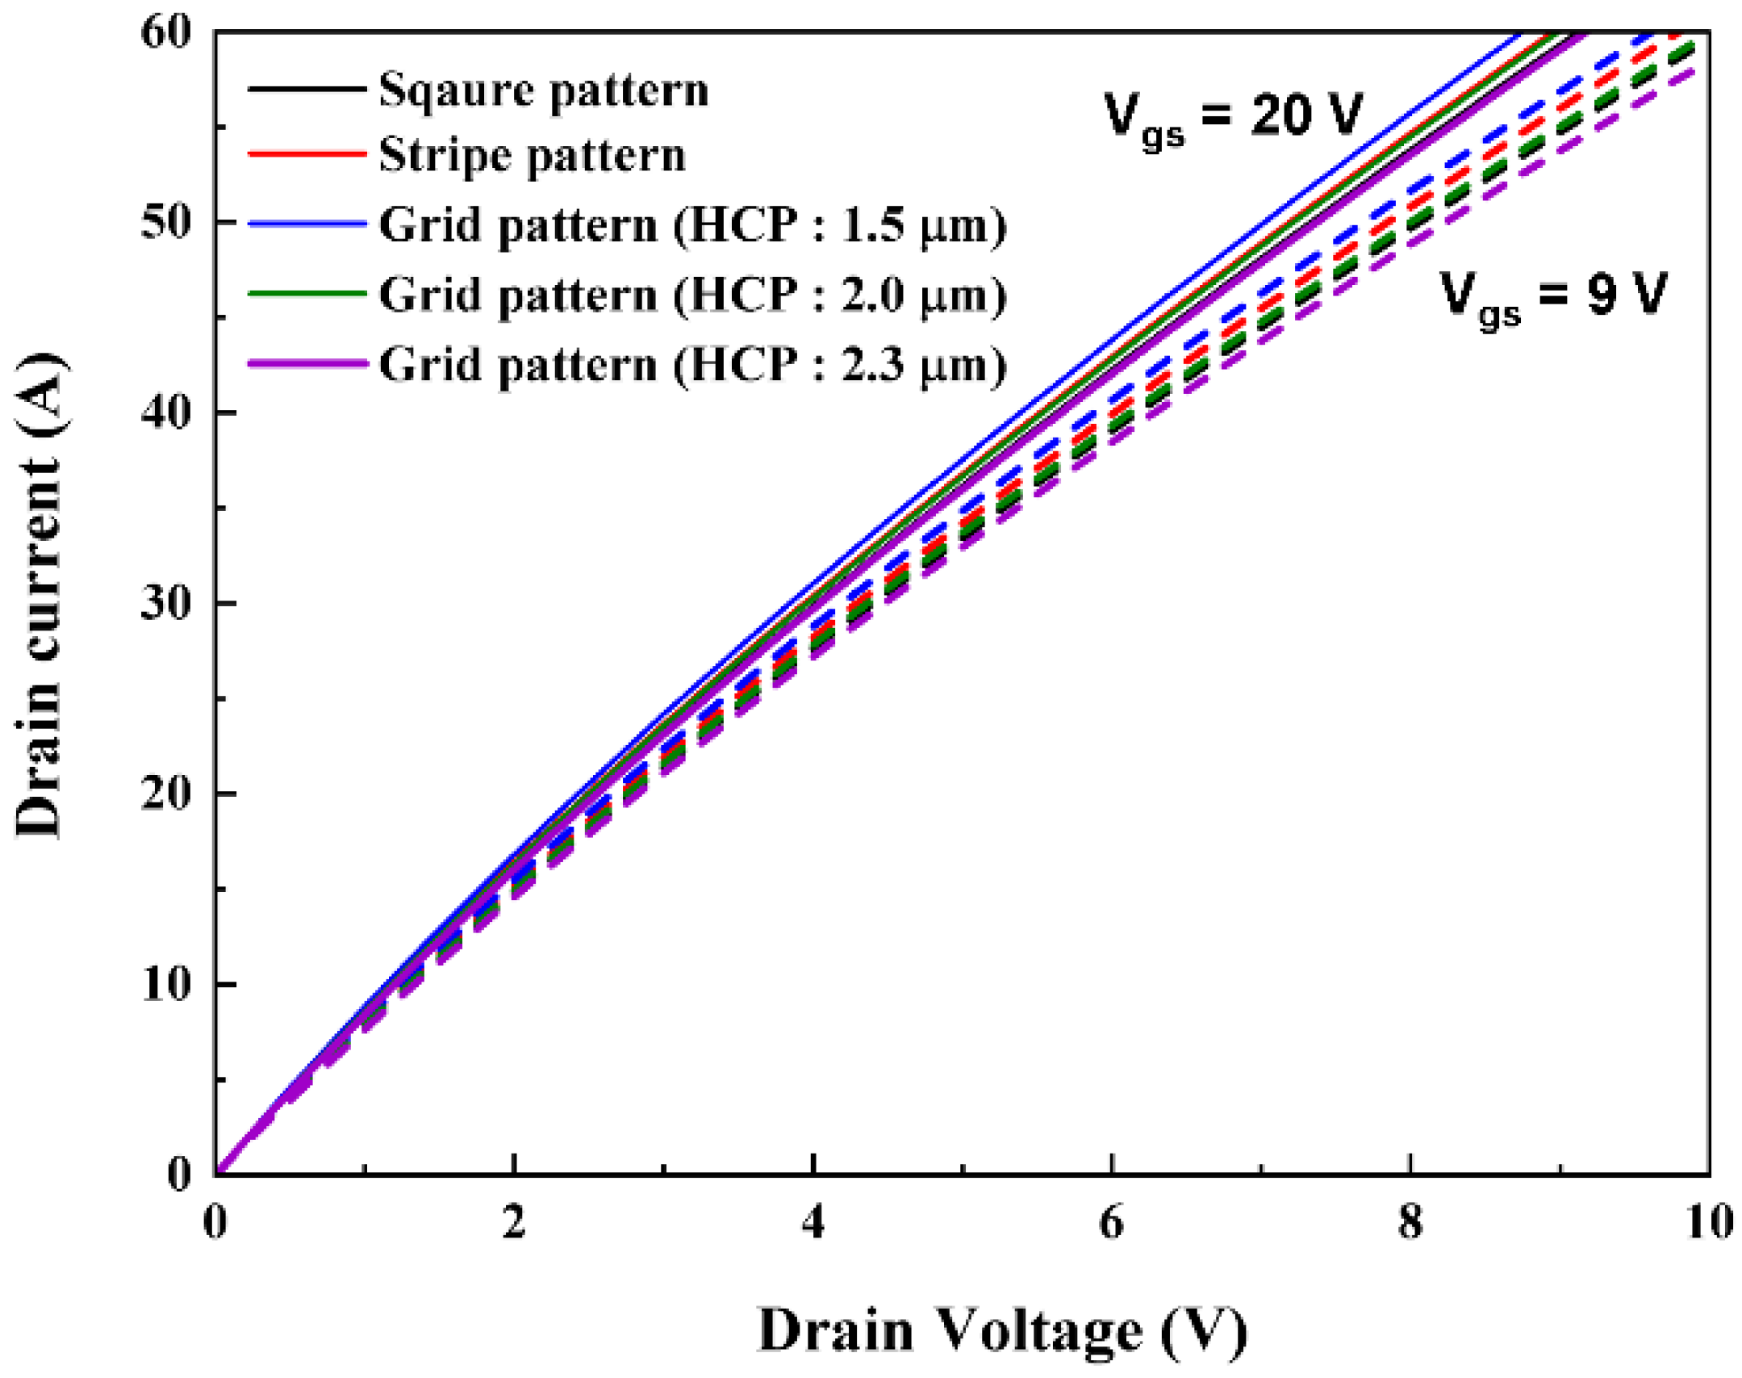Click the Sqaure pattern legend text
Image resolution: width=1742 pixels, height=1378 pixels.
coord(543,90)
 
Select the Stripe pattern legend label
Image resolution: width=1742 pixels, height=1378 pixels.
coord(532,155)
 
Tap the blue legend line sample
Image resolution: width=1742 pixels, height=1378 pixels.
coord(307,224)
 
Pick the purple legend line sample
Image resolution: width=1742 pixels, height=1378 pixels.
coord(307,364)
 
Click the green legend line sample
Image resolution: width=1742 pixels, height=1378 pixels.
coord(307,294)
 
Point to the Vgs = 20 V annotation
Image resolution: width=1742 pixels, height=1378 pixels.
coord(1232,117)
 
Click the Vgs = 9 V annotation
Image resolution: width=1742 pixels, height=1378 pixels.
coord(1552,296)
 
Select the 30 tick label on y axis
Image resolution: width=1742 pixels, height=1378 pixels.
coord(166,603)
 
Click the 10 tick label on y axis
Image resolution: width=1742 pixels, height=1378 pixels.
coord(166,984)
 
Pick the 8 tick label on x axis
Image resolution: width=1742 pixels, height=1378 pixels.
coord(1410,1222)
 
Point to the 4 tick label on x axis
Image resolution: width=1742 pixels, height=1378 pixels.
coord(813,1222)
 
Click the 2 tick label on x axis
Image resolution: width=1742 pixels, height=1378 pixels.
coord(514,1222)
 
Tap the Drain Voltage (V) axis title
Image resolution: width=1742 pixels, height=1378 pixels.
coord(1002,1330)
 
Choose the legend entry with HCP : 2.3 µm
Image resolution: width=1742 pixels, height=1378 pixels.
coord(692,365)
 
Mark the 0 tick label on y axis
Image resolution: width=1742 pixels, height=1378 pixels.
coord(179,1174)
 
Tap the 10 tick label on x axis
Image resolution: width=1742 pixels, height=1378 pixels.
coord(1708,1222)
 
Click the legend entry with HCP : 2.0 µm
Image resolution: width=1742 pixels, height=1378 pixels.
coord(692,295)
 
